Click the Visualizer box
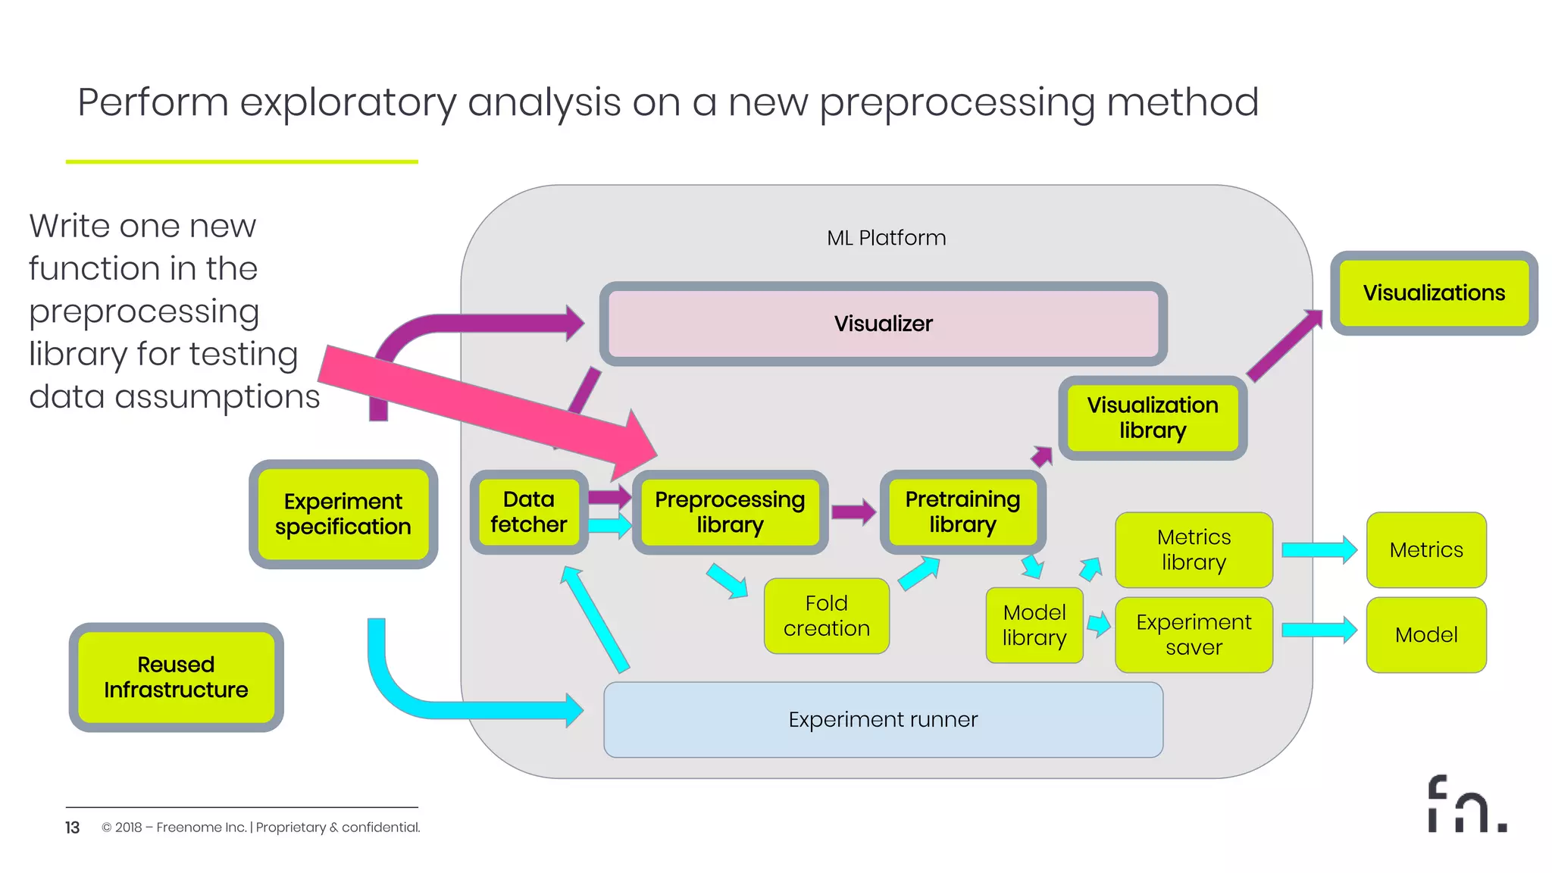[883, 324]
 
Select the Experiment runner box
[883, 719]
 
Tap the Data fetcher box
[528, 512]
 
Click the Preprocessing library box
[730, 512]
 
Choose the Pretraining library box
[962, 512]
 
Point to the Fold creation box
[826, 615]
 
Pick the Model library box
[1034, 625]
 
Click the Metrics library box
[1194, 550]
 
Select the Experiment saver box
[1194, 635]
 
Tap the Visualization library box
[1152, 418]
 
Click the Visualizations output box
[1433, 293]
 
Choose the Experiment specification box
[343, 514]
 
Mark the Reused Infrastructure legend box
[176, 677]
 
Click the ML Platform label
[886, 238]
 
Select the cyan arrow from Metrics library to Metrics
[1319, 550]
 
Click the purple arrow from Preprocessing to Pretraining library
[853, 512]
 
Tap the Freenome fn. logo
[1466, 805]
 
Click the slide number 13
[72, 828]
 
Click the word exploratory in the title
[348, 103]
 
